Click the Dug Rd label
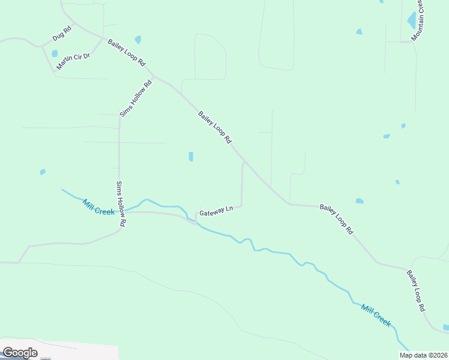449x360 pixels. coord(61,33)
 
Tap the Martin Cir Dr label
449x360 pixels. coord(73,61)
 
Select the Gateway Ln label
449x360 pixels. coord(215,211)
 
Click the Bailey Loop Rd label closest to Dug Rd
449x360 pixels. coord(127,52)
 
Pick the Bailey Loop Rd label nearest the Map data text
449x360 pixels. coord(415,290)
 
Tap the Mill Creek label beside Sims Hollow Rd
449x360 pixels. coord(98,207)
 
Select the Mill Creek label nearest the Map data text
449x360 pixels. coord(376,316)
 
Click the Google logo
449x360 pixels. coord(20,352)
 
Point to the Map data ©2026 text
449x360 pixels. coord(423,355)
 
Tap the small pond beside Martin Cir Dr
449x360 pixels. coord(55,53)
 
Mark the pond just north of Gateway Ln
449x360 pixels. coord(191,157)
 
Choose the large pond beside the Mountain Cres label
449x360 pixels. coord(412,20)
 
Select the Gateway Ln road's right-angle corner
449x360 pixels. coord(241,206)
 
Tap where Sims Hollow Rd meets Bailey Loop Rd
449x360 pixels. coord(154,76)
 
